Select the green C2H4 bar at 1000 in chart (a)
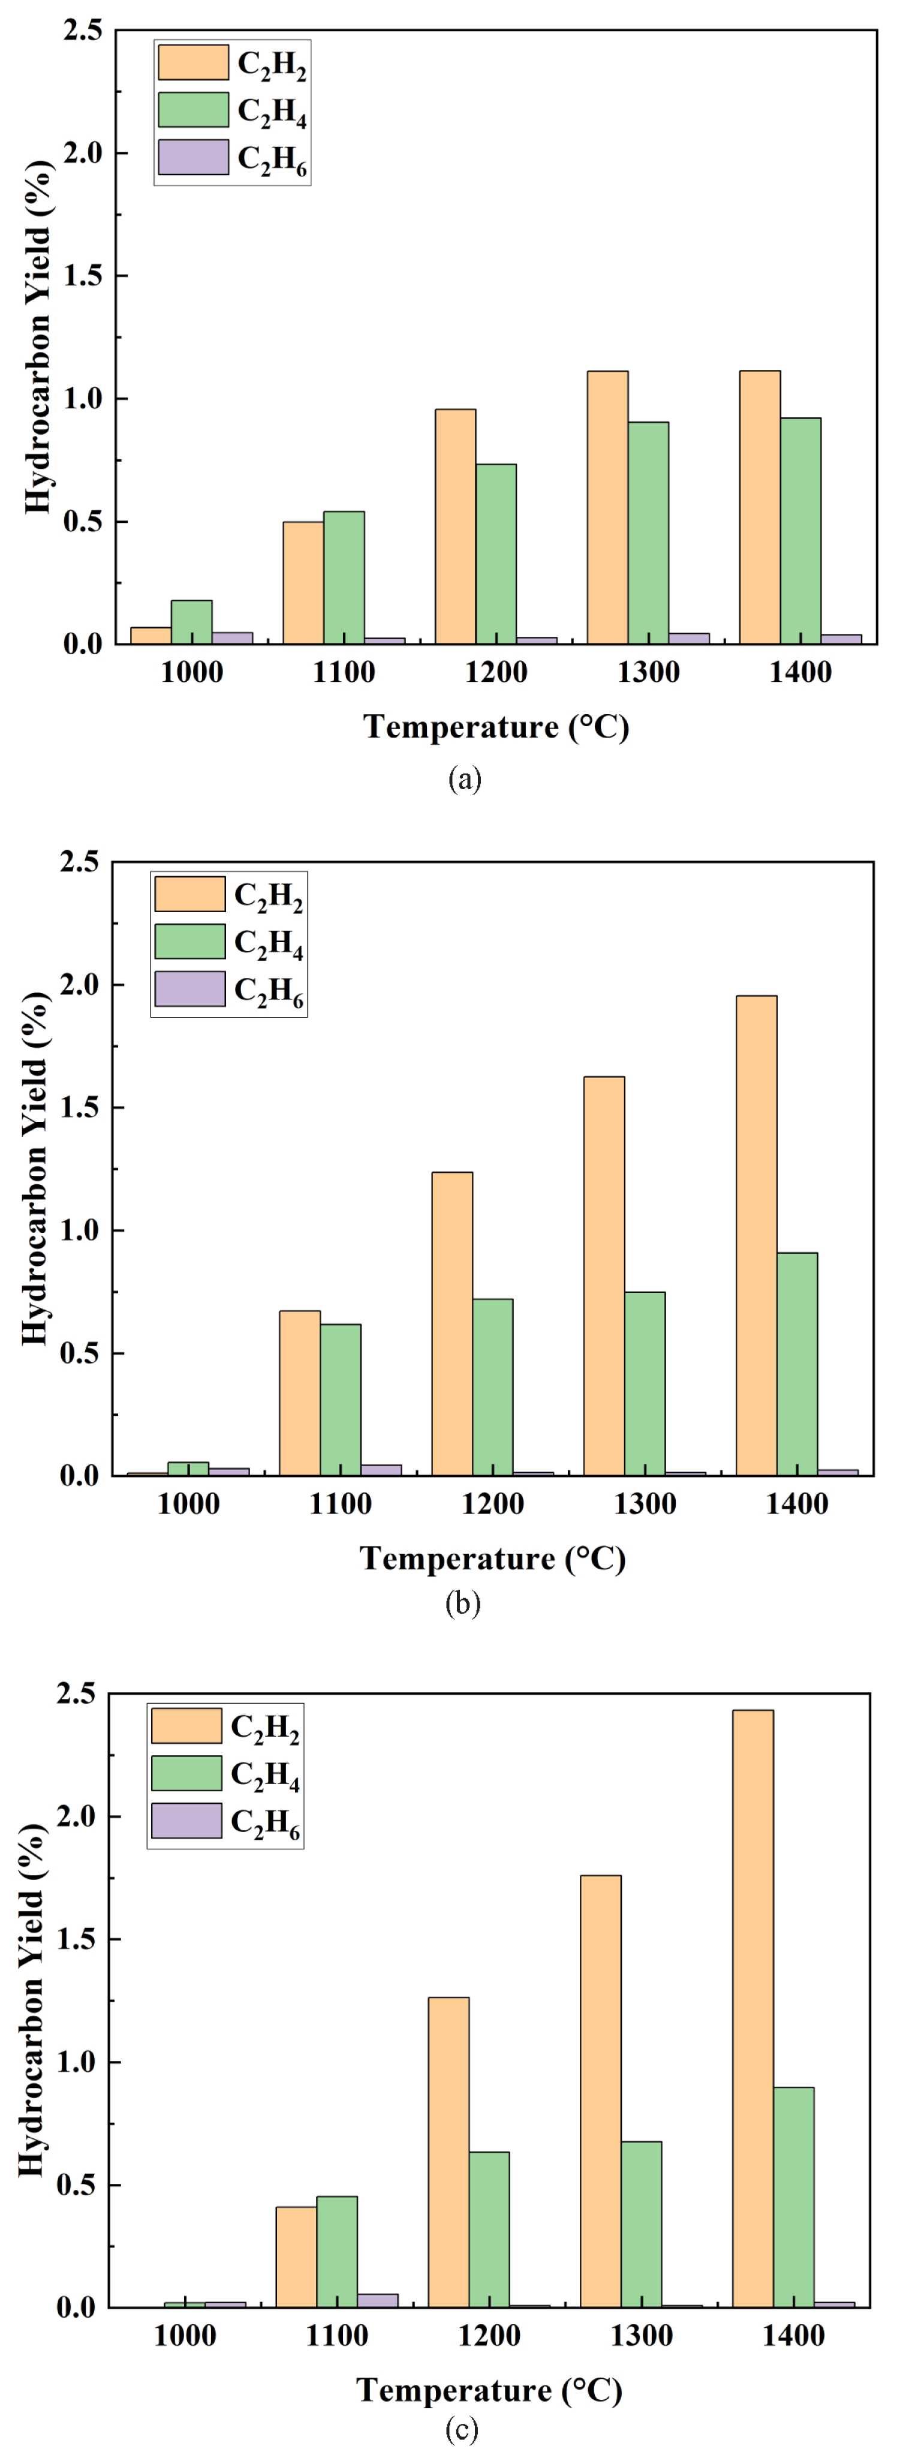click(x=191, y=622)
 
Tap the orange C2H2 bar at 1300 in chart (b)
click(x=604, y=1276)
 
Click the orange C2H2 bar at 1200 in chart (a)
click(x=455, y=526)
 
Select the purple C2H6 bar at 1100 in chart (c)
click(x=378, y=2300)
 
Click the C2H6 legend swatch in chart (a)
click(x=193, y=158)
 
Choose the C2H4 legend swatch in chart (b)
click(x=189, y=941)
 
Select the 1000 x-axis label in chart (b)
click(x=188, y=1504)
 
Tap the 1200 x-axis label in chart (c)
click(x=490, y=2336)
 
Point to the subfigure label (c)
click(x=462, y=2430)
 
